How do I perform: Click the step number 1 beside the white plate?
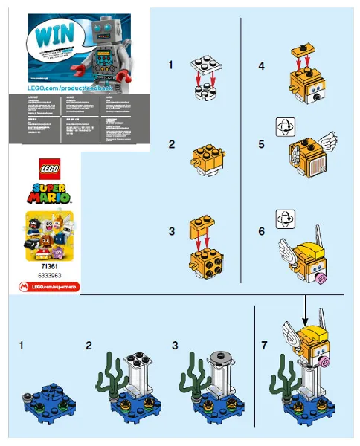pyautogui.click(x=172, y=65)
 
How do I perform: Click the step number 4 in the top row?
pyautogui.click(x=261, y=65)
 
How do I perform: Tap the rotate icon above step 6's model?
pyautogui.click(x=283, y=219)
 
